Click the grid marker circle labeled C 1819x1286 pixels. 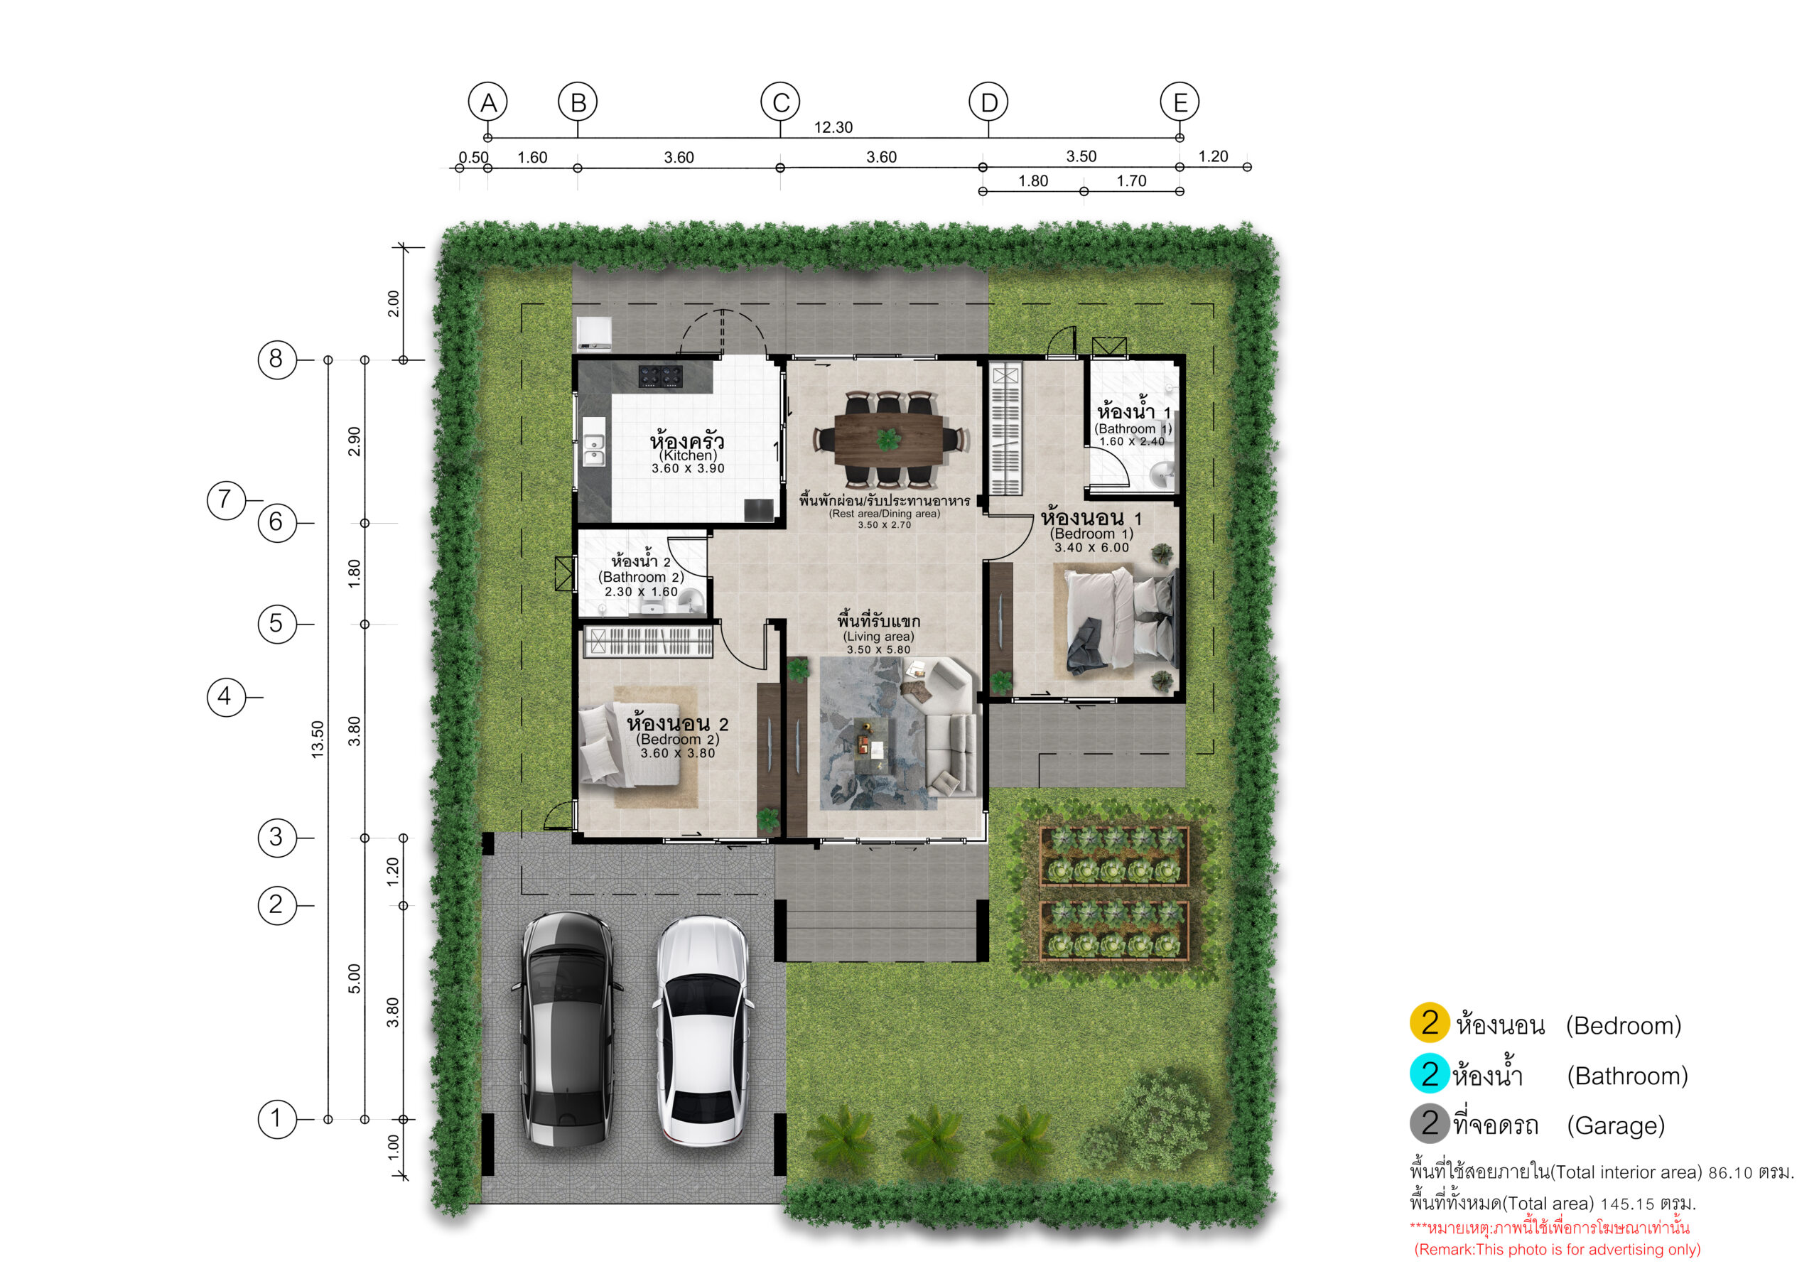pyautogui.click(x=780, y=102)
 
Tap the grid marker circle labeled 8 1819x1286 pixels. pyautogui.click(x=276, y=360)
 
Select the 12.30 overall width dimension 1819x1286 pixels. pyautogui.click(x=833, y=128)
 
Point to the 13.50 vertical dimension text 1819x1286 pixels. pyautogui.click(x=318, y=739)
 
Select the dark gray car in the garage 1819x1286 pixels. pyautogui.click(x=567, y=1029)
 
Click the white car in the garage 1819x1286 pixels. pyautogui.click(x=702, y=1030)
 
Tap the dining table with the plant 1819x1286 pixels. pyautogui.click(x=888, y=439)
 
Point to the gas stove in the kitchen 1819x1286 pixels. pyautogui.click(x=661, y=376)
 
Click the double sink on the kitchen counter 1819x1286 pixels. pyautogui.click(x=594, y=449)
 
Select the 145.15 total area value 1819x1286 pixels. pyautogui.click(x=1627, y=1204)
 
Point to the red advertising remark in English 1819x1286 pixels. pyautogui.click(x=1558, y=1250)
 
